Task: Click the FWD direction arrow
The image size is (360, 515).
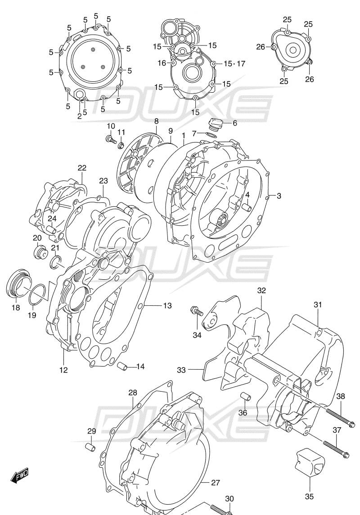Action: point(20,474)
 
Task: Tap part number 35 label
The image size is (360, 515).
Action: point(309,497)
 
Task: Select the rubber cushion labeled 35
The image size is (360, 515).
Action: point(310,461)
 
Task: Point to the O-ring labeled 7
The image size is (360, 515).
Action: point(212,134)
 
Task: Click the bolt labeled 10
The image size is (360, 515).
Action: point(109,140)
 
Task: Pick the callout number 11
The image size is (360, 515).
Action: point(121,132)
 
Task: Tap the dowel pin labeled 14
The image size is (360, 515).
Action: point(121,367)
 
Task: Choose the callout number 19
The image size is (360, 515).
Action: point(31,315)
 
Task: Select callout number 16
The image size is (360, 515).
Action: point(162,63)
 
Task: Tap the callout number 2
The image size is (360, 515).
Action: point(80,116)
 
